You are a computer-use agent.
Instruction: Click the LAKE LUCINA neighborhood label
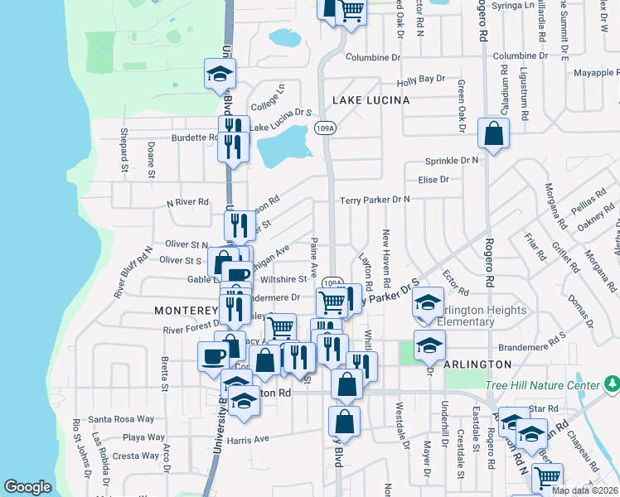coord(371,100)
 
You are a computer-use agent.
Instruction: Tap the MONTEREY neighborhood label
coord(186,310)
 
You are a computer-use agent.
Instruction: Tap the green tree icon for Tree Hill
coord(612,384)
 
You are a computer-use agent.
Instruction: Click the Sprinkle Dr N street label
coord(452,160)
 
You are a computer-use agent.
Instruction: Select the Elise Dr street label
coord(433,179)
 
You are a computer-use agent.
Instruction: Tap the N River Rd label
coord(186,202)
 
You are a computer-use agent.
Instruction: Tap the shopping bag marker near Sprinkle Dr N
coord(493,133)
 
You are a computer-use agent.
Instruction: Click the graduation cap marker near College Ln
coord(220,74)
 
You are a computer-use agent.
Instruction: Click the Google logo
coord(27,488)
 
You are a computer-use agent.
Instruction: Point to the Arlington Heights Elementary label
coord(481,316)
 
